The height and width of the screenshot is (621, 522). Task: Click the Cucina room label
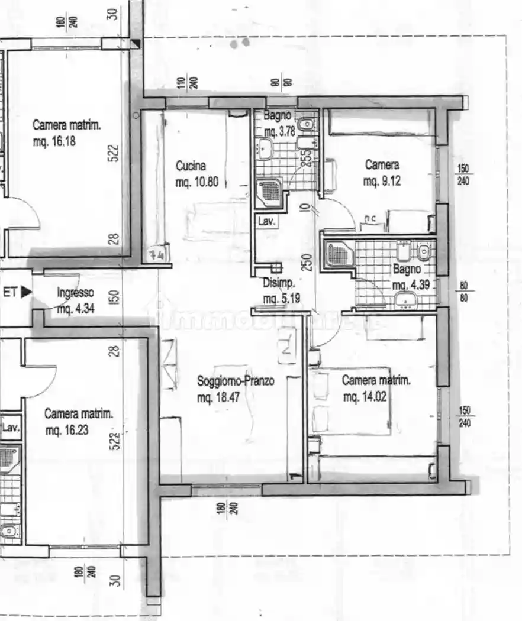pos(191,166)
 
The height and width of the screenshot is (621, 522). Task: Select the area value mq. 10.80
pos(197,183)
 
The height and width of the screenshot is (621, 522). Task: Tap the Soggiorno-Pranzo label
pos(236,381)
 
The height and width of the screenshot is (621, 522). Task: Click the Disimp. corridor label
pos(278,282)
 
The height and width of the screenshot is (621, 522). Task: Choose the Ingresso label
pos(76,292)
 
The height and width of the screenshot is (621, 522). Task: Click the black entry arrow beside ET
pos(26,292)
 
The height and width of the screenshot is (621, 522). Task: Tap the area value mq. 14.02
pos(365,397)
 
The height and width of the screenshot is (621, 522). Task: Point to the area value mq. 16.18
pos(56,142)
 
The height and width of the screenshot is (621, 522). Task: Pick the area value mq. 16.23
pos(67,431)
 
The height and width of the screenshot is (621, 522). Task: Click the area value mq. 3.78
pos(279,131)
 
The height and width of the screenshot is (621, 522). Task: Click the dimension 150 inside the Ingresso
pos(117,295)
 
